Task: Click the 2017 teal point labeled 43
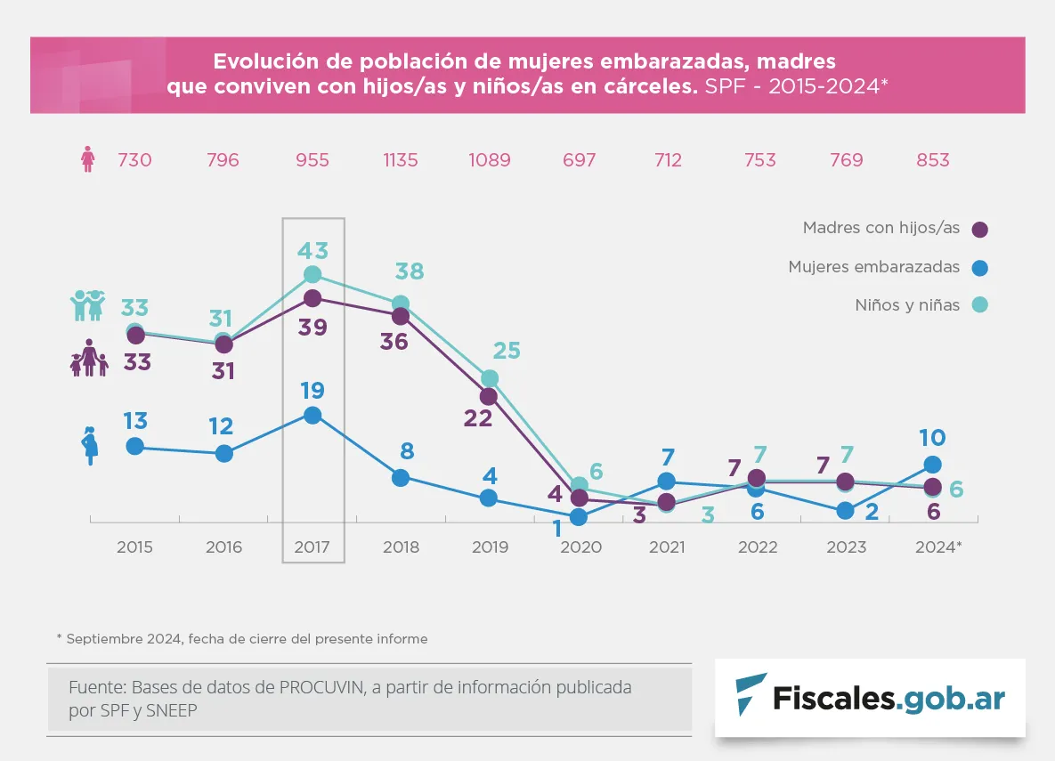(x=312, y=274)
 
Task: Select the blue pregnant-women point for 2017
(x=312, y=415)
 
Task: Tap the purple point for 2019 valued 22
(x=489, y=396)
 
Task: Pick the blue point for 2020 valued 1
(x=579, y=516)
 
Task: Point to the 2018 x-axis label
(x=401, y=547)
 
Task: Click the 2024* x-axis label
(x=938, y=547)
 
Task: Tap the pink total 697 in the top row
(x=579, y=160)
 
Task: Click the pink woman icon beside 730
(x=88, y=160)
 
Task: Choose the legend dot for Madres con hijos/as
(x=980, y=230)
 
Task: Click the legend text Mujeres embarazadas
(x=873, y=267)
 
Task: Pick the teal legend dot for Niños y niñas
(x=980, y=305)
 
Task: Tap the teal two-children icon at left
(x=87, y=305)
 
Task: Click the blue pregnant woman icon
(x=89, y=446)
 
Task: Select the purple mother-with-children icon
(x=89, y=358)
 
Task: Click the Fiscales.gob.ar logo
(x=870, y=697)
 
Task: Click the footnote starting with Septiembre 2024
(x=242, y=639)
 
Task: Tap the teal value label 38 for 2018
(x=409, y=271)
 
